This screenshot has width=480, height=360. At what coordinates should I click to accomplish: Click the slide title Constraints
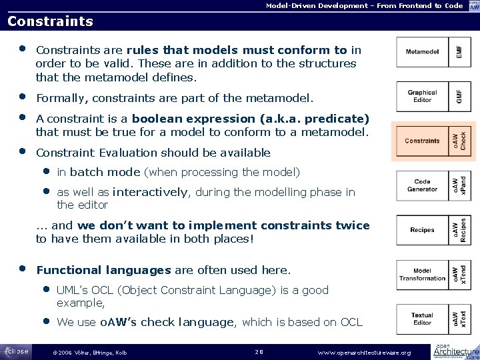pyautogui.click(x=50, y=21)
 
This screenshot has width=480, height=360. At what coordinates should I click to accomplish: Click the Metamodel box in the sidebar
pyautogui.click(x=422, y=51)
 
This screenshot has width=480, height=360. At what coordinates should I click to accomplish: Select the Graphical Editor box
pyautogui.click(x=422, y=96)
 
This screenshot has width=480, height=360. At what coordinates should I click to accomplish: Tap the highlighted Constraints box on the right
pyautogui.click(x=422, y=141)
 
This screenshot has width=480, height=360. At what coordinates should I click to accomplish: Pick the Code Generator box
pyautogui.click(x=422, y=185)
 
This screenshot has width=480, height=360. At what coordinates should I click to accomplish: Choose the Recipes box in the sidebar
pyautogui.click(x=422, y=230)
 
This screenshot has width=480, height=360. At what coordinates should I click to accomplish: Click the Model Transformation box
pyautogui.click(x=422, y=274)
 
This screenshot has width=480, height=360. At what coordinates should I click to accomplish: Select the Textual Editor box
pyautogui.click(x=422, y=319)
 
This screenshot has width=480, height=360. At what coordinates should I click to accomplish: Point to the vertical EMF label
pyautogui.click(x=459, y=51)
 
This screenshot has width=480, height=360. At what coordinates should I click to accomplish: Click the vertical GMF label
pyautogui.click(x=459, y=96)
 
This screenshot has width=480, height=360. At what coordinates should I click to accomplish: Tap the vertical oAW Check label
pyautogui.click(x=459, y=141)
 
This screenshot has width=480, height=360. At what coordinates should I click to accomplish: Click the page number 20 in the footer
pyautogui.click(x=260, y=351)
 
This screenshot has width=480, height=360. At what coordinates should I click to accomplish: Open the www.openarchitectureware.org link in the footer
pyautogui.click(x=365, y=352)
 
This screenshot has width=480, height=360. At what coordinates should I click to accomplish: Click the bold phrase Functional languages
pyautogui.click(x=103, y=271)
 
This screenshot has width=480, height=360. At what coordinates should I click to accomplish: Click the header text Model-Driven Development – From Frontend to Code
pyautogui.click(x=364, y=5)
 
